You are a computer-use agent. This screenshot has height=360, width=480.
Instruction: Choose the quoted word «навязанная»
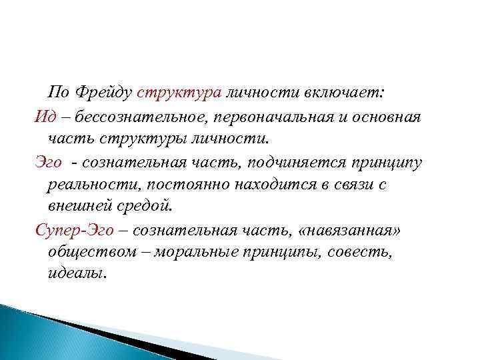click(351, 231)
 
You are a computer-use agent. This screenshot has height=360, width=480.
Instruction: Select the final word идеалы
click(77, 275)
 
